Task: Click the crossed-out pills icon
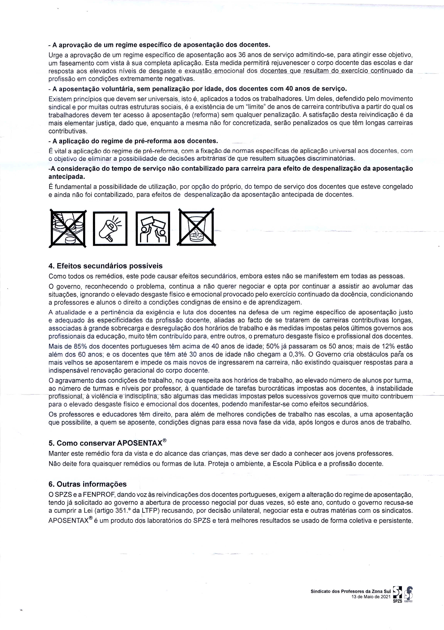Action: [x=68, y=228]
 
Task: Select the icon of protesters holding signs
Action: [x=153, y=228]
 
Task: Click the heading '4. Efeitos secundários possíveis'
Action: [x=105, y=266]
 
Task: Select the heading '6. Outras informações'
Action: [x=87, y=484]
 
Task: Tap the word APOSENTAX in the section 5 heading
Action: [x=139, y=443]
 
